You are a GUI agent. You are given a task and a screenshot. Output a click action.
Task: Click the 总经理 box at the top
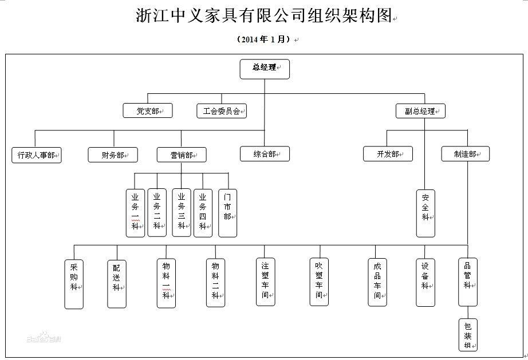(264, 68)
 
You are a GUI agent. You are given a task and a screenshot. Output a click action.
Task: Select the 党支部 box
(148, 110)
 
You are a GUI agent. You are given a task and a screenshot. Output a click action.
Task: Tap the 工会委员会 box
(221, 110)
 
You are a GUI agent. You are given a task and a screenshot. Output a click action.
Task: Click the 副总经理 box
(420, 110)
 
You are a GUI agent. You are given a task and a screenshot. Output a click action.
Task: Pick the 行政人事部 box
(37, 155)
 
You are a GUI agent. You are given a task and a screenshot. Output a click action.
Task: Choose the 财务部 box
(113, 155)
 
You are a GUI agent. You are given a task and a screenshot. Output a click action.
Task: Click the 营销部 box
(182, 155)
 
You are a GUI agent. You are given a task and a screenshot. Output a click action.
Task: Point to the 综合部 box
(265, 153)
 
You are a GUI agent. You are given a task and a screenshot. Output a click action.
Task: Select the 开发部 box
(388, 153)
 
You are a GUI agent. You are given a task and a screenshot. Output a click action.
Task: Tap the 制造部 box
(466, 153)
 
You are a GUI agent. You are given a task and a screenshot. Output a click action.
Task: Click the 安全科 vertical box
(425, 213)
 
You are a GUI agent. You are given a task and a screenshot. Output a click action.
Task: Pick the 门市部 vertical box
(227, 213)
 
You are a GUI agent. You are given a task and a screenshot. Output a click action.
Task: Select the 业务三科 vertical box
(182, 213)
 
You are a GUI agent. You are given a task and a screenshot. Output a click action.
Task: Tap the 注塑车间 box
(265, 281)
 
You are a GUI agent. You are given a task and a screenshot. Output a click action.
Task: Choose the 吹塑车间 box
(319, 281)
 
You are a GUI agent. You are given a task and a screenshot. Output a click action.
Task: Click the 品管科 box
(467, 281)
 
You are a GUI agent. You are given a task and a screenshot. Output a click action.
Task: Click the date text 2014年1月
(263, 39)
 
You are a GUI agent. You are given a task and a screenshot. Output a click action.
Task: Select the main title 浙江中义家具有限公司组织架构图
(263, 15)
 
